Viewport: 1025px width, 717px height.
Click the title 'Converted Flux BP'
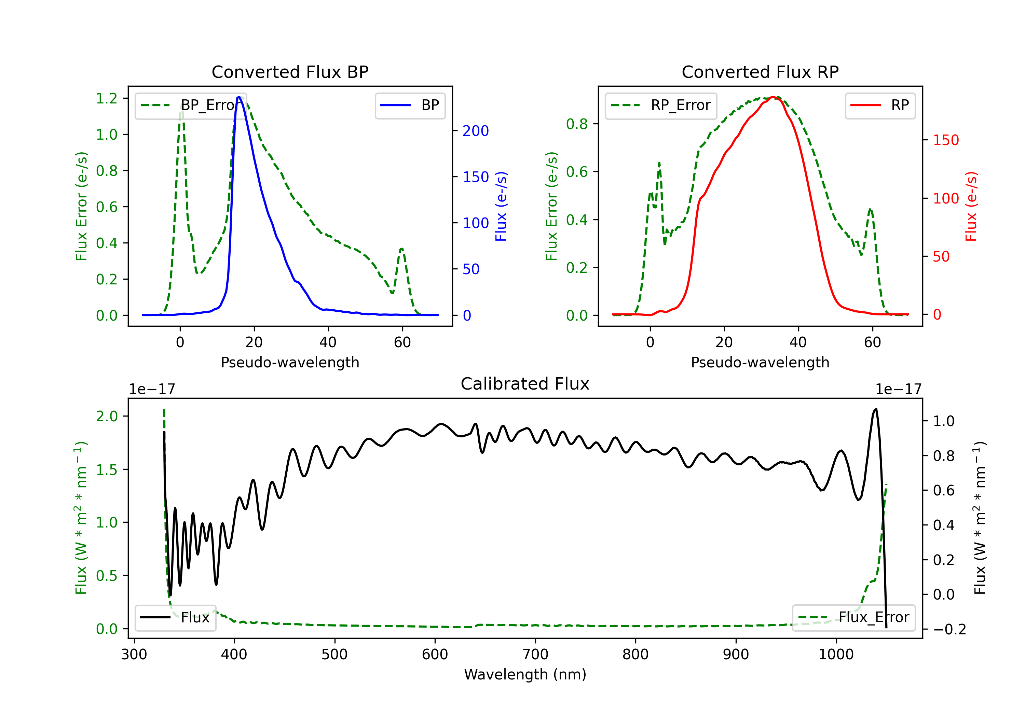290,72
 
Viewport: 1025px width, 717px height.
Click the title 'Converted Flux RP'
760,72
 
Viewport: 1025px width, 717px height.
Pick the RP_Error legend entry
661,105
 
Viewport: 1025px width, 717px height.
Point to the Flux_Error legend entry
853,618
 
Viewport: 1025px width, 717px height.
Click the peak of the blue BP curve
239,97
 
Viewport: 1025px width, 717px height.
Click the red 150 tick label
945,140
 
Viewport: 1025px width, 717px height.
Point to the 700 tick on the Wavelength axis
535,655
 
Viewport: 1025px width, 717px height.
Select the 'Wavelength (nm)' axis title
525,674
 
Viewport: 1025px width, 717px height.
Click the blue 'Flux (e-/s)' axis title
501,206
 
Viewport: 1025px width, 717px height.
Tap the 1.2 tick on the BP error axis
107,98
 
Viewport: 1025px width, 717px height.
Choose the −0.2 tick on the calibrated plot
949,629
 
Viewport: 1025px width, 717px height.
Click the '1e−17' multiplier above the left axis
152,389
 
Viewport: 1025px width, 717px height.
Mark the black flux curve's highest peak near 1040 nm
875,409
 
